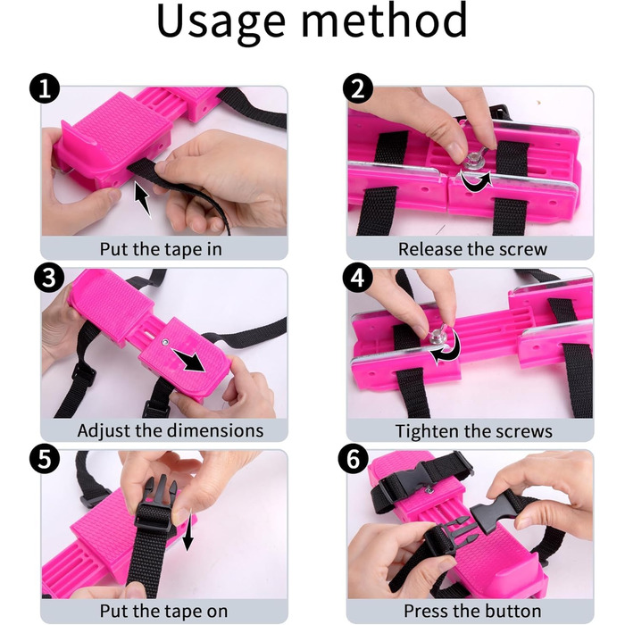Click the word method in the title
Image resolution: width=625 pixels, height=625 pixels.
tap(384, 20)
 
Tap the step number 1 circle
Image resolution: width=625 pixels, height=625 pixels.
tap(45, 88)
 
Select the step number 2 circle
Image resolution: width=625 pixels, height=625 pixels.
tap(357, 88)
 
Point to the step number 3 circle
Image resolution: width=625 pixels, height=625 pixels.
tap(49, 278)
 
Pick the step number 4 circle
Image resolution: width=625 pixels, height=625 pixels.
tap(357, 278)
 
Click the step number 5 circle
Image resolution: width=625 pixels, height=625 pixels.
tap(45, 458)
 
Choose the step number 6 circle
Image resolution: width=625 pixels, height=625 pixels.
tap(354, 458)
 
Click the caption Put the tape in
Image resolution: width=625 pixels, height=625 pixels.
tap(161, 249)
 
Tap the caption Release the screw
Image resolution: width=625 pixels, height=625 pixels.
tap(472, 249)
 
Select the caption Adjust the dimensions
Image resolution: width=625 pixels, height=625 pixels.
tap(171, 430)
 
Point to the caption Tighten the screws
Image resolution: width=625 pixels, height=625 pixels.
tap(473, 431)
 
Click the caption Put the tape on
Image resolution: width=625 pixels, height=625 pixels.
tap(163, 611)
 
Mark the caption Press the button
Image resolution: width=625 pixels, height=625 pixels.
tap(472, 611)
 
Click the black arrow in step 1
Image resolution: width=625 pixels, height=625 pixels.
tap(142, 200)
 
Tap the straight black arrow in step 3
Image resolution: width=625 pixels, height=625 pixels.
tap(187, 360)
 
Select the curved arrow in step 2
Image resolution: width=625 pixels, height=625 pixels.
tap(477, 181)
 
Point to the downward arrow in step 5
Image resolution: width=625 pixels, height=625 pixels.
tap(187, 530)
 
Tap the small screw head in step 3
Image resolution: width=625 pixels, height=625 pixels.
tap(164, 341)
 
